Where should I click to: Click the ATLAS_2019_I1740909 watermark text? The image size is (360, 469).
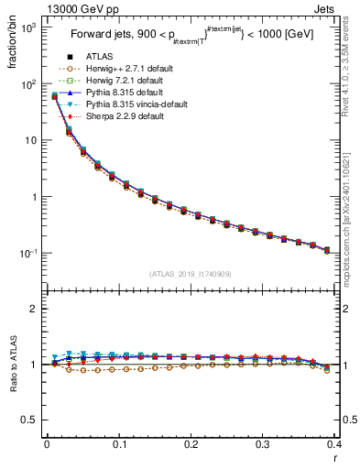(190, 274)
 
